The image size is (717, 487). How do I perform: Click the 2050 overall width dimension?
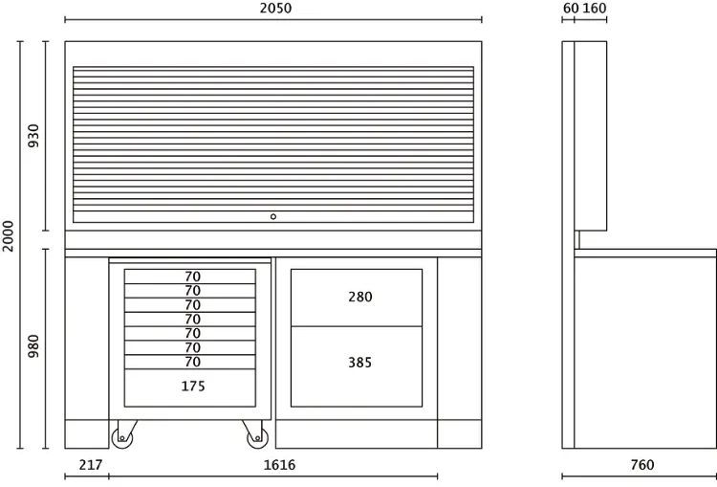point(275,9)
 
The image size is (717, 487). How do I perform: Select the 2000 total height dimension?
point(9,236)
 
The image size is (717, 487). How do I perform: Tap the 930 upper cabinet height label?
point(33,136)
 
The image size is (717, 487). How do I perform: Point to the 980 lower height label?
point(33,346)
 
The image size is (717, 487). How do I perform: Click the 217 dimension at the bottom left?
point(91,465)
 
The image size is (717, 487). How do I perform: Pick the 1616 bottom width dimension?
point(279,465)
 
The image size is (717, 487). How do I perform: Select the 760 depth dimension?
point(642,465)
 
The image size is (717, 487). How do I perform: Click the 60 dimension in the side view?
point(571,9)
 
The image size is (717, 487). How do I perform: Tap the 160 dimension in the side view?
point(595,9)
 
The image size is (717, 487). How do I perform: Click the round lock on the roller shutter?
point(273,216)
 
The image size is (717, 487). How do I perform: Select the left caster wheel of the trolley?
point(122,438)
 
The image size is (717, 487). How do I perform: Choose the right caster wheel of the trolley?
point(257,438)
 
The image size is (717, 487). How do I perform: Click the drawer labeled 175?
point(190,387)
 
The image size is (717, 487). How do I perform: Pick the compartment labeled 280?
point(357,298)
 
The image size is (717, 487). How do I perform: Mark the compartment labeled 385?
point(357,366)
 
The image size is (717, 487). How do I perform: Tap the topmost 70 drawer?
point(190,277)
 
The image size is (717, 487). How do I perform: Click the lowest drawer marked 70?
point(190,362)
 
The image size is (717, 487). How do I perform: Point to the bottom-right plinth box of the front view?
point(460,434)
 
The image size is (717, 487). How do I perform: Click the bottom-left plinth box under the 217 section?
point(87,434)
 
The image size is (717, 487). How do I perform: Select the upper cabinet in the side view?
point(591,136)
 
